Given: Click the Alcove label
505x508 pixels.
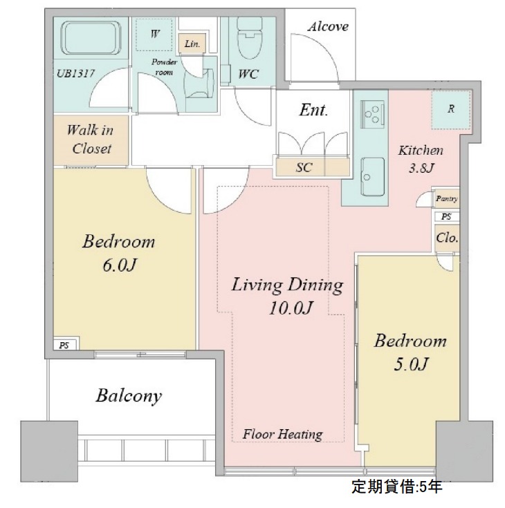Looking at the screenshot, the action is coord(328,26).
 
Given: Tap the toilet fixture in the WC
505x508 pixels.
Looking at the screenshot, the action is coord(250,37).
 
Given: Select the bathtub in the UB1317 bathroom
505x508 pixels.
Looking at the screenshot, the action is coord(91,37).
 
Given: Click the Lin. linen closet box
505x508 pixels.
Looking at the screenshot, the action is coord(192,44).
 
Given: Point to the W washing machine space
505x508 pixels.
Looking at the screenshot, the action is coord(154,35).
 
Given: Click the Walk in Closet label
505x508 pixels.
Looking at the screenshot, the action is coord(91,140).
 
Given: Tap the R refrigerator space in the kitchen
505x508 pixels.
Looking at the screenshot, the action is coord(451,109).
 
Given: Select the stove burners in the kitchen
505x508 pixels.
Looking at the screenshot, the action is coord(372,113).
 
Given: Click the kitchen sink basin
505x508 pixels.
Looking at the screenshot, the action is coord(373,176).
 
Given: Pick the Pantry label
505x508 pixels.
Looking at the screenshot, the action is coord(447,198).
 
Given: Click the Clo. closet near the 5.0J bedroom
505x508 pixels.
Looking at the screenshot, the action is coord(447,238).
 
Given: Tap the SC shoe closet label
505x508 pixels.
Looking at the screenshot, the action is coord(304,167).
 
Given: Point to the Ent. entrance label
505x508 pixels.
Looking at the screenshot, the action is coord(313,110).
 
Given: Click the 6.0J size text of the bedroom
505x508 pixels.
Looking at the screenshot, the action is coord(119,265).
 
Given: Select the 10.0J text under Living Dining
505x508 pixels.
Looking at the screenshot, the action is coord(291,308).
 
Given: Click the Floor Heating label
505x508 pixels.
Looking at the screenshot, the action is coord(282,434).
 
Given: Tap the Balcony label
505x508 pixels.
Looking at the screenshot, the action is coord(129,396).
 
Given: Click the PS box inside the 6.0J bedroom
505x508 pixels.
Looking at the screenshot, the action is coord(65,344).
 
